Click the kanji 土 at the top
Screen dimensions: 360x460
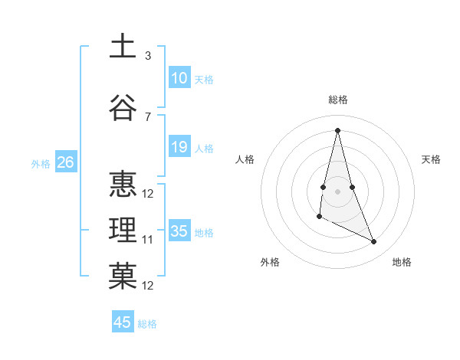123,47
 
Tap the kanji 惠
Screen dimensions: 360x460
123,185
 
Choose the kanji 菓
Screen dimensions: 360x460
123,277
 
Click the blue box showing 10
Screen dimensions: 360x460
179,79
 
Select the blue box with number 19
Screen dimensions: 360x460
179,148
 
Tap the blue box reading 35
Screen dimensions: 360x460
179,232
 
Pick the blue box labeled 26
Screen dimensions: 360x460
65,162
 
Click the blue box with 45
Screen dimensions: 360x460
123,322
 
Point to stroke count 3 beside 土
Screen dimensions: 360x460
148,56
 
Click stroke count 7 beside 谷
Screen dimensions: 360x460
148,116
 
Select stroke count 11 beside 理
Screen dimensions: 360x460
148,240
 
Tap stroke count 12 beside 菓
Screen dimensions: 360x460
148,286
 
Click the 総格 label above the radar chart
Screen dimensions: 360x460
337,100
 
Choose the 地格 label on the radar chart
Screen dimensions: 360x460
402,262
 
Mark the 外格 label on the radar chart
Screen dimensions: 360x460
270,262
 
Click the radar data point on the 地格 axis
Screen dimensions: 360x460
374,242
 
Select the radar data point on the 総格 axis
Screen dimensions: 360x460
337,130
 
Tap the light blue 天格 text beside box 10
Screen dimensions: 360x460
203,80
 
